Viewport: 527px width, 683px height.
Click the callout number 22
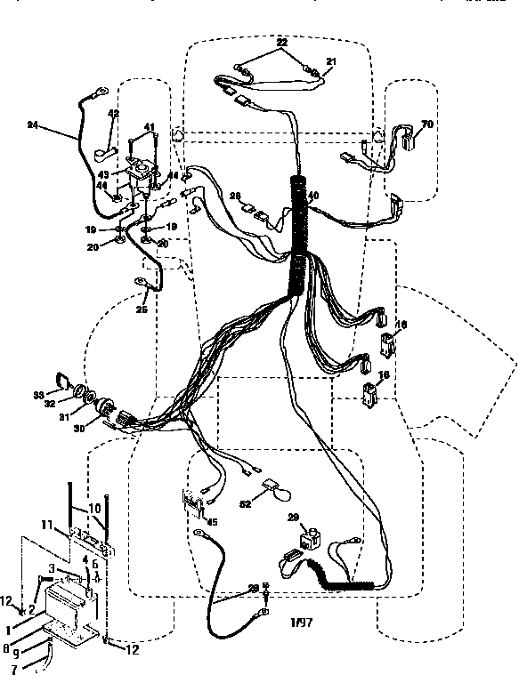point(281,43)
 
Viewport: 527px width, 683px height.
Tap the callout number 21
point(331,60)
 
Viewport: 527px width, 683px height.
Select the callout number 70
point(427,125)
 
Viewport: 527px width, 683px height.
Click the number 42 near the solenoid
point(113,114)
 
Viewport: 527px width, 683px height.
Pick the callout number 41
point(150,128)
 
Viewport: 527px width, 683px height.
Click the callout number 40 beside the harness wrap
point(312,196)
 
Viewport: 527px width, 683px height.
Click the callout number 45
point(212,522)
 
